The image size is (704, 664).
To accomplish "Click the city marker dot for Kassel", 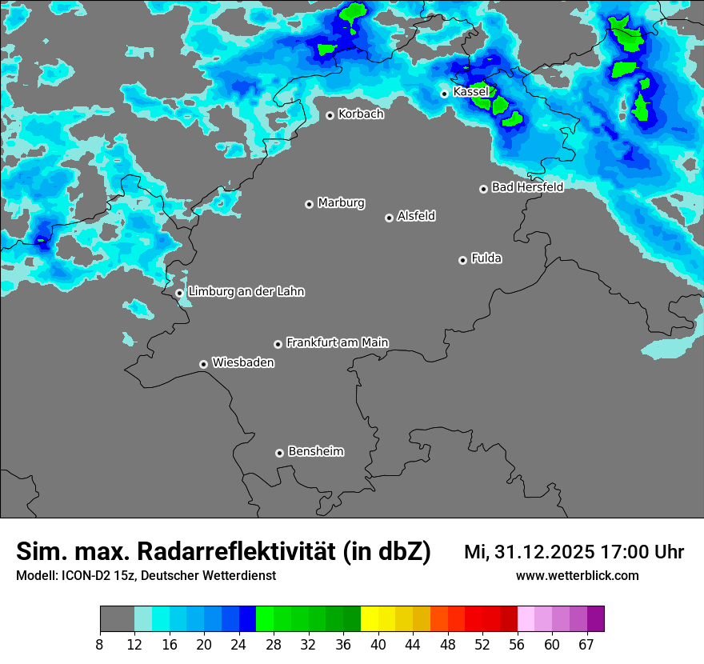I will (x=444, y=94).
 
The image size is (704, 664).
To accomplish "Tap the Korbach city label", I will (x=361, y=114).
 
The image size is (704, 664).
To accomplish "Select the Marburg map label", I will (x=341, y=203).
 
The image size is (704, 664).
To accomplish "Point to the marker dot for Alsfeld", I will (x=389, y=218).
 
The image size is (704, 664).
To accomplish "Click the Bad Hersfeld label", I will (x=527, y=187).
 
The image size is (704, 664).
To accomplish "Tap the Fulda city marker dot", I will (x=462, y=260).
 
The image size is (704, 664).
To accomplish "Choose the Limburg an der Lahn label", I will (x=246, y=292).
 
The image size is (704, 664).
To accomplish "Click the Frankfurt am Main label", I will (x=337, y=342).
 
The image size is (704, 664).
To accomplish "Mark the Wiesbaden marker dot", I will (x=203, y=364).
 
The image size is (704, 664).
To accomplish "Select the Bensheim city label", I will (x=315, y=451).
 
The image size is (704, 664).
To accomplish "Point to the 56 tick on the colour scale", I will (x=518, y=644).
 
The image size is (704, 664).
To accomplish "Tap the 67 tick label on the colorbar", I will (x=586, y=644).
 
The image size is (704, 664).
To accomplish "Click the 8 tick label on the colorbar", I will (x=100, y=644).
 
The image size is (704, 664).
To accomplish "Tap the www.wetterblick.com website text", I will (x=577, y=576).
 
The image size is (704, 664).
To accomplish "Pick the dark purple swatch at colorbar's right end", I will (x=595, y=618).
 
